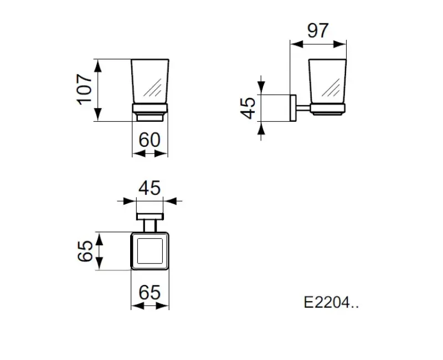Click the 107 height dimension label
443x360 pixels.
click(85, 90)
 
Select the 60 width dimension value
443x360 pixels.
click(150, 140)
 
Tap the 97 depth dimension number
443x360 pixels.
click(318, 30)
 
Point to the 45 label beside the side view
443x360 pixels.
click(248, 108)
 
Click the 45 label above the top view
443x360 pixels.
click(150, 188)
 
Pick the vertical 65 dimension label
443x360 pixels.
click(85, 251)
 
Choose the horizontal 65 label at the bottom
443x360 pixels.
click(150, 292)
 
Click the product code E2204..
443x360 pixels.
click(331, 302)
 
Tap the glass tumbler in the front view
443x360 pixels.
click(150, 81)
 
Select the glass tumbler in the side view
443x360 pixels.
click(327, 81)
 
